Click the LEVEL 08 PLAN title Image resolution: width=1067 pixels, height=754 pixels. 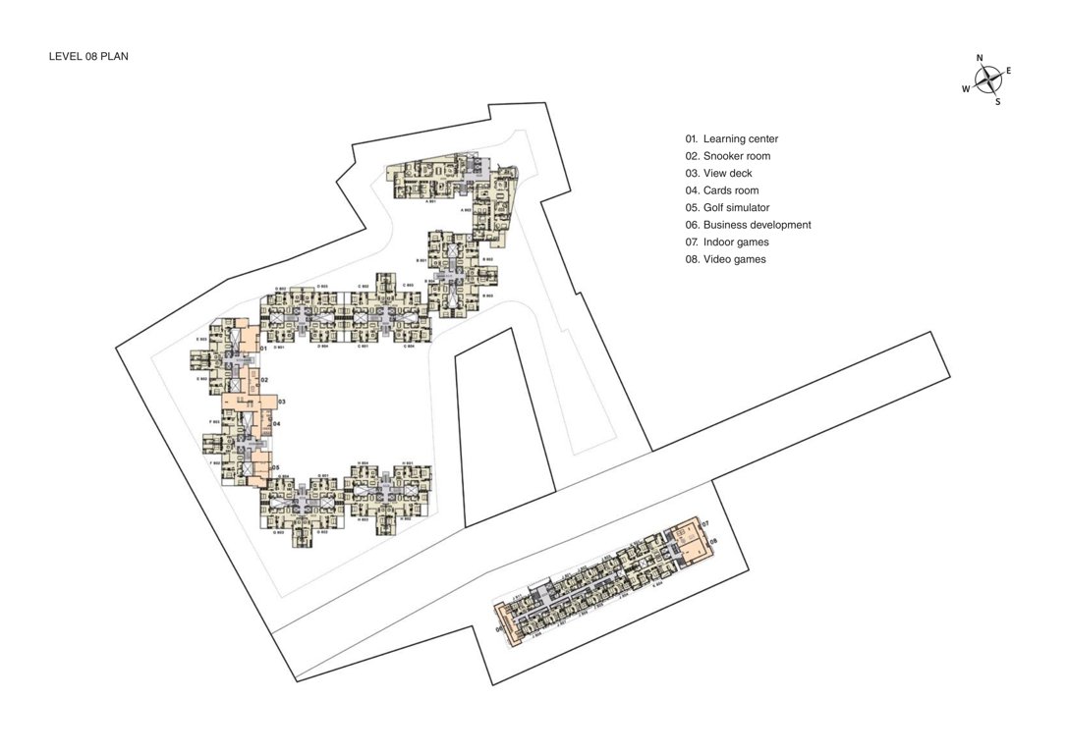pos(88,57)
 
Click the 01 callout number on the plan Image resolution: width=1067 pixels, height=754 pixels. pos(264,349)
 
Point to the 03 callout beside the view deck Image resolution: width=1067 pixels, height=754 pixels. pos(281,403)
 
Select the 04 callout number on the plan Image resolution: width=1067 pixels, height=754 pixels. pos(277,424)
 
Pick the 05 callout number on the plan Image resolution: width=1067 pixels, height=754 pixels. pos(277,467)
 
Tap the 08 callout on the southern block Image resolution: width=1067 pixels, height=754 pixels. pos(714,541)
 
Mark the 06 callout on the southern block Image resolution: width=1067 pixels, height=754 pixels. pos(499,629)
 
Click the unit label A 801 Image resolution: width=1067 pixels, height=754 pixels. pos(429,201)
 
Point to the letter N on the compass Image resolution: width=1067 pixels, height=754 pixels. pos(980,58)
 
